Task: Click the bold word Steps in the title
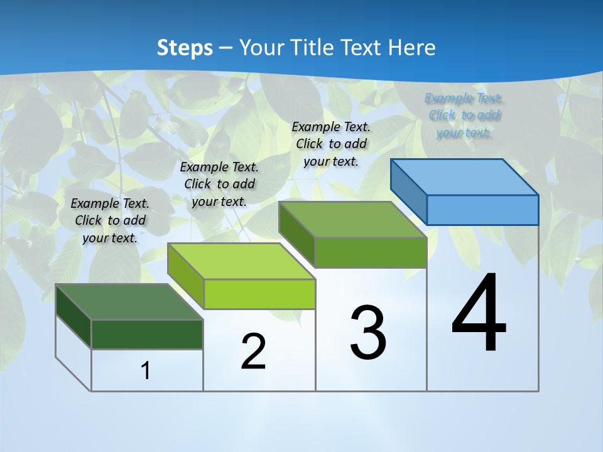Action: point(185,48)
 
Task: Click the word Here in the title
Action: point(412,48)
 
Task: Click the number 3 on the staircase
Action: point(368,333)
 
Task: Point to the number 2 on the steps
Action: point(253,352)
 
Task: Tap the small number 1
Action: point(146,371)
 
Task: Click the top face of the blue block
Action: point(465,176)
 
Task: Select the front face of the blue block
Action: point(482,210)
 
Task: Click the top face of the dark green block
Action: point(129,301)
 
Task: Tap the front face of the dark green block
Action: point(147,334)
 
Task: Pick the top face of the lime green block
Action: point(241,261)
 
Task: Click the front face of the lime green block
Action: point(259,294)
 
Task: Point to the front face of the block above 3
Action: point(371,252)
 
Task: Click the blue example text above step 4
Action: point(464,116)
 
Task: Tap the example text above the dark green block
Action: point(110,220)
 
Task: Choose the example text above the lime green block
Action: point(219,184)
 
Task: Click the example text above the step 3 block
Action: point(331,144)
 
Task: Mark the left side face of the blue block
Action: point(409,191)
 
